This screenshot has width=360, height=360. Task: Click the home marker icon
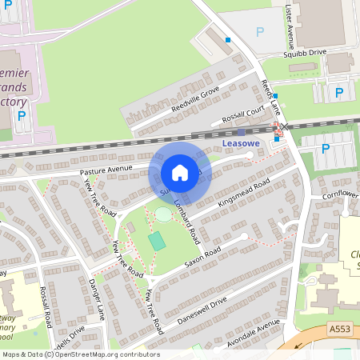tap(180, 173)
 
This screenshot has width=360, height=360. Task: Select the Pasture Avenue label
tap(105, 170)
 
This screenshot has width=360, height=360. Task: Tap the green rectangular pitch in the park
tap(158, 239)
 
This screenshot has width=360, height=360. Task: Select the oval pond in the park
tap(163, 214)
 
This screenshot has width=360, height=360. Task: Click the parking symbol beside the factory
tap(22, 115)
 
